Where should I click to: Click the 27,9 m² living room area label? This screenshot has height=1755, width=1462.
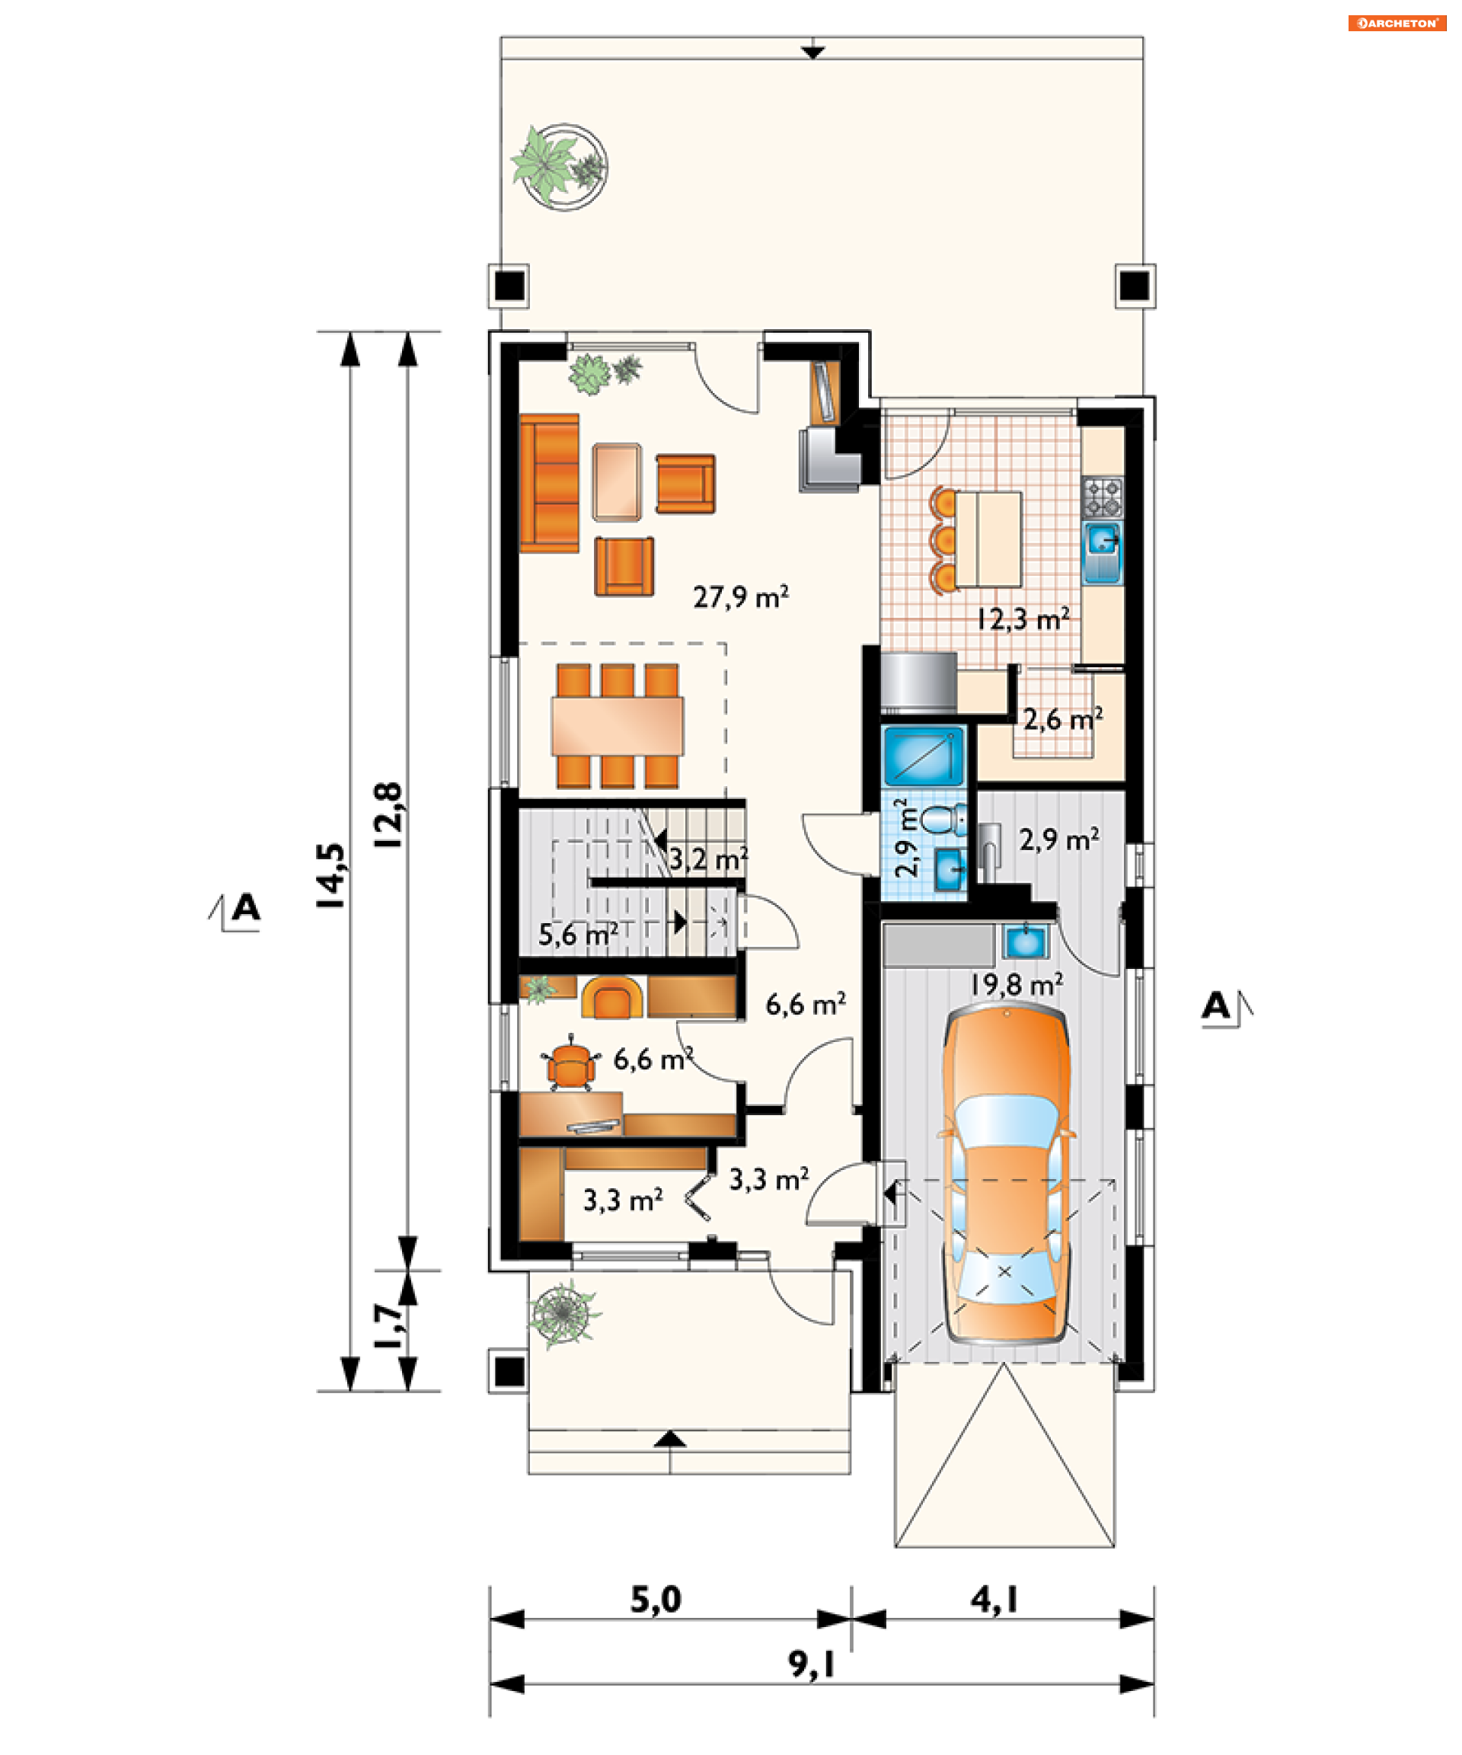coord(740,596)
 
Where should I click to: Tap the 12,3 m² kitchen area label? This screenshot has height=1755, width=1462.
coord(1023,619)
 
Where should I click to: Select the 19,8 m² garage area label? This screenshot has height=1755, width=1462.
coord(1016,984)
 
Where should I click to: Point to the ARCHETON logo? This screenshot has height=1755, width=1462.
coord(1396,23)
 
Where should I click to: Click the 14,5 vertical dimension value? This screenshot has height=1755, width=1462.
coord(330,875)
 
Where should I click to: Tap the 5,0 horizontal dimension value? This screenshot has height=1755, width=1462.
coord(656,1600)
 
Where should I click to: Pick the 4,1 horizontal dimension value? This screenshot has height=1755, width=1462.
coord(994,1600)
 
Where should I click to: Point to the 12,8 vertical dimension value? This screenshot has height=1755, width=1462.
coord(388,816)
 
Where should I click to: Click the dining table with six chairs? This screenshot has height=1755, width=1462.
coord(617,725)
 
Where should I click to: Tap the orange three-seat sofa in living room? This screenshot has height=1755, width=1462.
coord(549,483)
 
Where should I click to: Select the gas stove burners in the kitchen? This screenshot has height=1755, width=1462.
coord(1103,497)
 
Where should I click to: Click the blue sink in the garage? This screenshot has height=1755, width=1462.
coord(1025,941)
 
